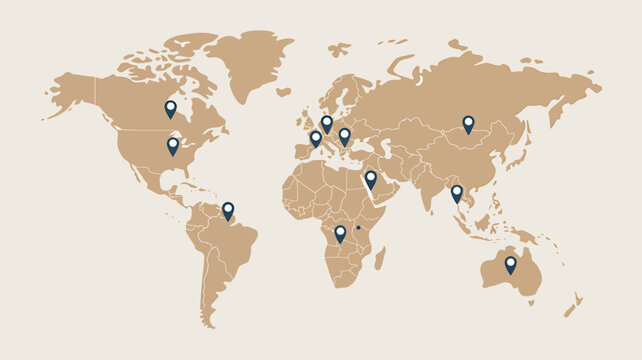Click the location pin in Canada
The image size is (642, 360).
tap(170, 107)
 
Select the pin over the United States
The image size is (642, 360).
tap(173, 144)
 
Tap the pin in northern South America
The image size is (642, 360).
tap(228, 209)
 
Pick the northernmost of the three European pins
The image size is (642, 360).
tap(327, 122)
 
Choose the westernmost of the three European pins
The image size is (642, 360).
tap(316, 137)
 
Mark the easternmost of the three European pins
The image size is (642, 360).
tap(345, 134)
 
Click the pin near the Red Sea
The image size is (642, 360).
tap(371, 178)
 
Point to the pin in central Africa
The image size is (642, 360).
tap(340, 232)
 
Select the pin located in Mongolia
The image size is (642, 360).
tap(468, 122)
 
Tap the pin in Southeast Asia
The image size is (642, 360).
tap(457, 192)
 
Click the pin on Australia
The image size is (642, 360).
tap(511, 263)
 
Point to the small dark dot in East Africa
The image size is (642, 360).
tap(358, 228)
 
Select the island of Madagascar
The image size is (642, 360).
tap(380, 258)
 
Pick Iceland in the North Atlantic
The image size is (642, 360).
tap(284, 92)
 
